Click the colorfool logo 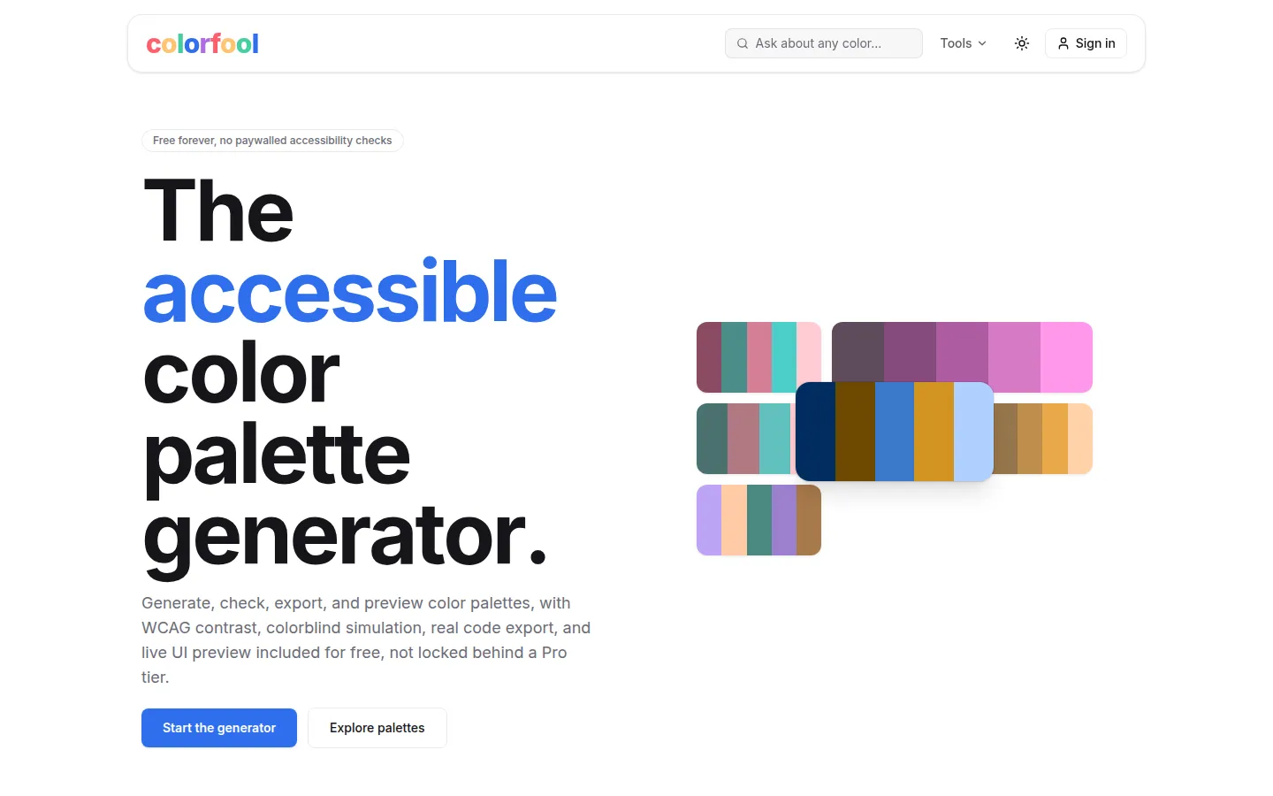click(x=202, y=44)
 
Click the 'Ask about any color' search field click(x=824, y=43)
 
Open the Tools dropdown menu click(x=964, y=43)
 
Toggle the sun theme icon click(x=1022, y=43)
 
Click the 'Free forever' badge click(x=272, y=141)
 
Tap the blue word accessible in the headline click(x=349, y=291)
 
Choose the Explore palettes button click(x=377, y=728)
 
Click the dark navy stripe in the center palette click(x=815, y=432)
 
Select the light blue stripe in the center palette click(x=973, y=432)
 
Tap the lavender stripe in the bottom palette click(x=709, y=520)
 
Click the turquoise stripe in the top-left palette click(x=783, y=357)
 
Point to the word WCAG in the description click(x=166, y=628)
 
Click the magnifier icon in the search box click(x=743, y=43)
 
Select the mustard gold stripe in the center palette click(x=934, y=432)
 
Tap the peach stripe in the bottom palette click(x=735, y=520)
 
